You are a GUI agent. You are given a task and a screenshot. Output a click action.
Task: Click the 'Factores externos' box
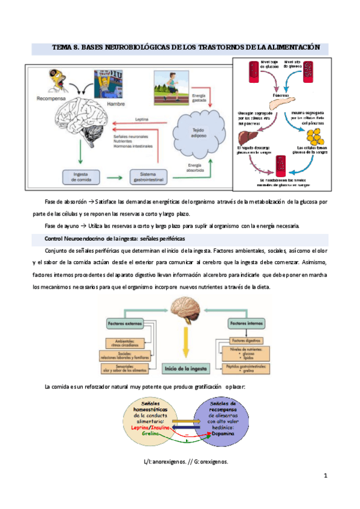[x=123, y=324]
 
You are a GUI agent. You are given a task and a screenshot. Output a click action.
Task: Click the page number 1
[x=325, y=476]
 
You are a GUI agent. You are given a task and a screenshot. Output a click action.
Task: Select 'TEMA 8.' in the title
[x=66, y=47]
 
